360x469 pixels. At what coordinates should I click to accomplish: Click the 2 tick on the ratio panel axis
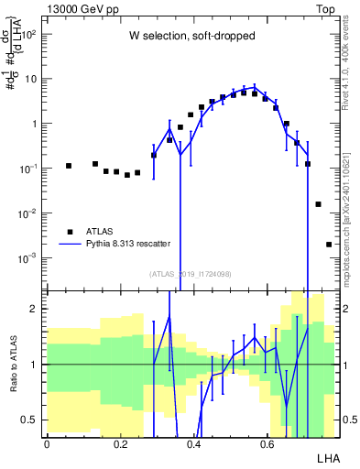(x=34, y=309)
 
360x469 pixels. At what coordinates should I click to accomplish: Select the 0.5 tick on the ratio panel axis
(x=30, y=420)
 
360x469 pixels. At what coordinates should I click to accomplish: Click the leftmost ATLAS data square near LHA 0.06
(x=69, y=166)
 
